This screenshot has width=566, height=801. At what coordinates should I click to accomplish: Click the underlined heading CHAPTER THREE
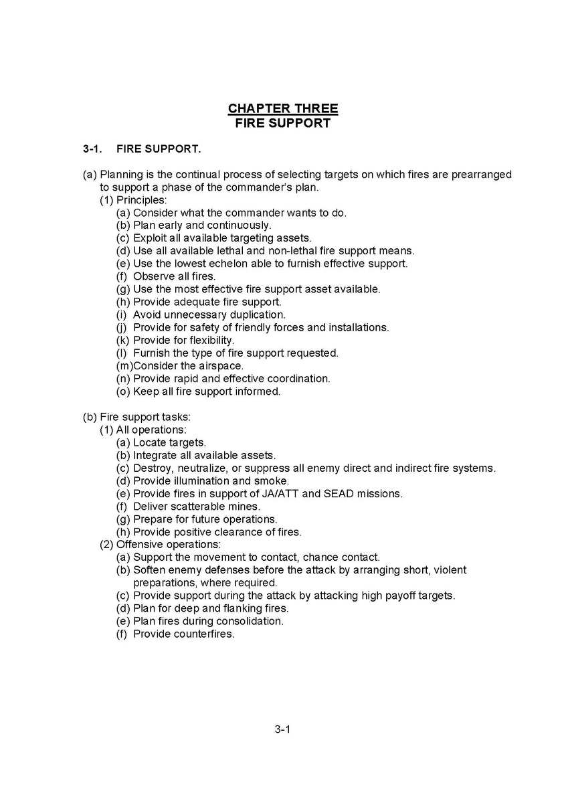click(x=283, y=108)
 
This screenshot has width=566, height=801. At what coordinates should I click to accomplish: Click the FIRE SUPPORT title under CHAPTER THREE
click(x=283, y=123)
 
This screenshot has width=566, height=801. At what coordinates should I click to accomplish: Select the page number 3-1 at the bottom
click(x=282, y=729)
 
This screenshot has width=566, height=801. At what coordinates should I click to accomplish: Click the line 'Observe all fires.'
click(x=175, y=276)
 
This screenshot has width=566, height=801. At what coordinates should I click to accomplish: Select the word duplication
click(x=254, y=315)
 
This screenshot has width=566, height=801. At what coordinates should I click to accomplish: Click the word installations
click(x=353, y=327)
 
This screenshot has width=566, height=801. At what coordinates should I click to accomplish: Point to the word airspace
click(x=221, y=365)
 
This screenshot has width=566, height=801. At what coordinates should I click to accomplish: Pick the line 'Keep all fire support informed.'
click(x=206, y=391)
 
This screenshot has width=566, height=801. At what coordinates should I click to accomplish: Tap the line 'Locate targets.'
click(x=169, y=442)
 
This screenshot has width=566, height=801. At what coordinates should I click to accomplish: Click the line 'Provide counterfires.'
click(x=183, y=634)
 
